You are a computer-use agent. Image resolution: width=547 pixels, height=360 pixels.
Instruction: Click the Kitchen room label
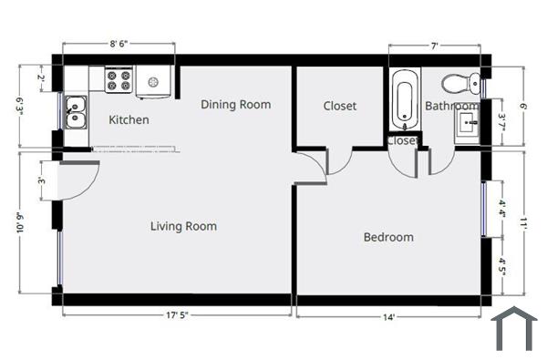tap(129, 120)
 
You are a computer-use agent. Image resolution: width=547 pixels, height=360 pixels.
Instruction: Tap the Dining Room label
tap(235, 105)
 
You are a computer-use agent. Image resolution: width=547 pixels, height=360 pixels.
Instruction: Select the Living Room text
tap(183, 226)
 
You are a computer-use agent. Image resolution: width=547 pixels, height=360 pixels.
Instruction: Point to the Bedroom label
tap(388, 237)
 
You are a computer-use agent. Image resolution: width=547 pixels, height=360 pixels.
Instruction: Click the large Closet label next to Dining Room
tap(340, 107)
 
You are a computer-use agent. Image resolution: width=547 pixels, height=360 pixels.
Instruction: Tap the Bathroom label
tap(451, 107)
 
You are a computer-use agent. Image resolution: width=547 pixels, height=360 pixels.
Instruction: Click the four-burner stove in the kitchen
tap(119, 81)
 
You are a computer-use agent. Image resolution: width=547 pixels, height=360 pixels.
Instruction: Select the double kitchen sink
tap(76, 112)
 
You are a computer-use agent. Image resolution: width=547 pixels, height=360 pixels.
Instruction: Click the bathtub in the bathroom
tap(403, 99)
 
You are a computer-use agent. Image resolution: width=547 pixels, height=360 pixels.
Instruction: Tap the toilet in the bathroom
tap(460, 84)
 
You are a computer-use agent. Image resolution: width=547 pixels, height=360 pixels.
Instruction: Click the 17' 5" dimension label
tap(177, 316)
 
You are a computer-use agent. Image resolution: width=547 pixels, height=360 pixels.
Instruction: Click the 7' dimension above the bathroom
tap(435, 43)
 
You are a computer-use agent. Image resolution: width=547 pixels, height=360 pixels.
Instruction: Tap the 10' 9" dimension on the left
tap(20, 223)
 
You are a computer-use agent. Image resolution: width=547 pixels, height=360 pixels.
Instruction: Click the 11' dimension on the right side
tap(525, 223)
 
